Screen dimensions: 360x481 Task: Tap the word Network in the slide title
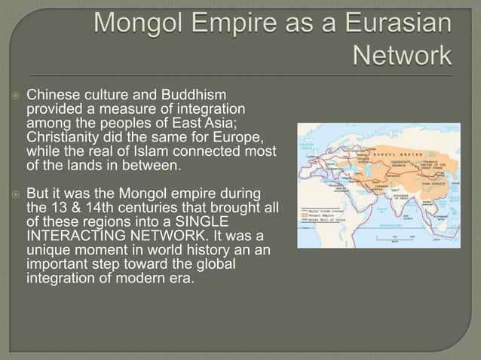click(402, 56)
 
